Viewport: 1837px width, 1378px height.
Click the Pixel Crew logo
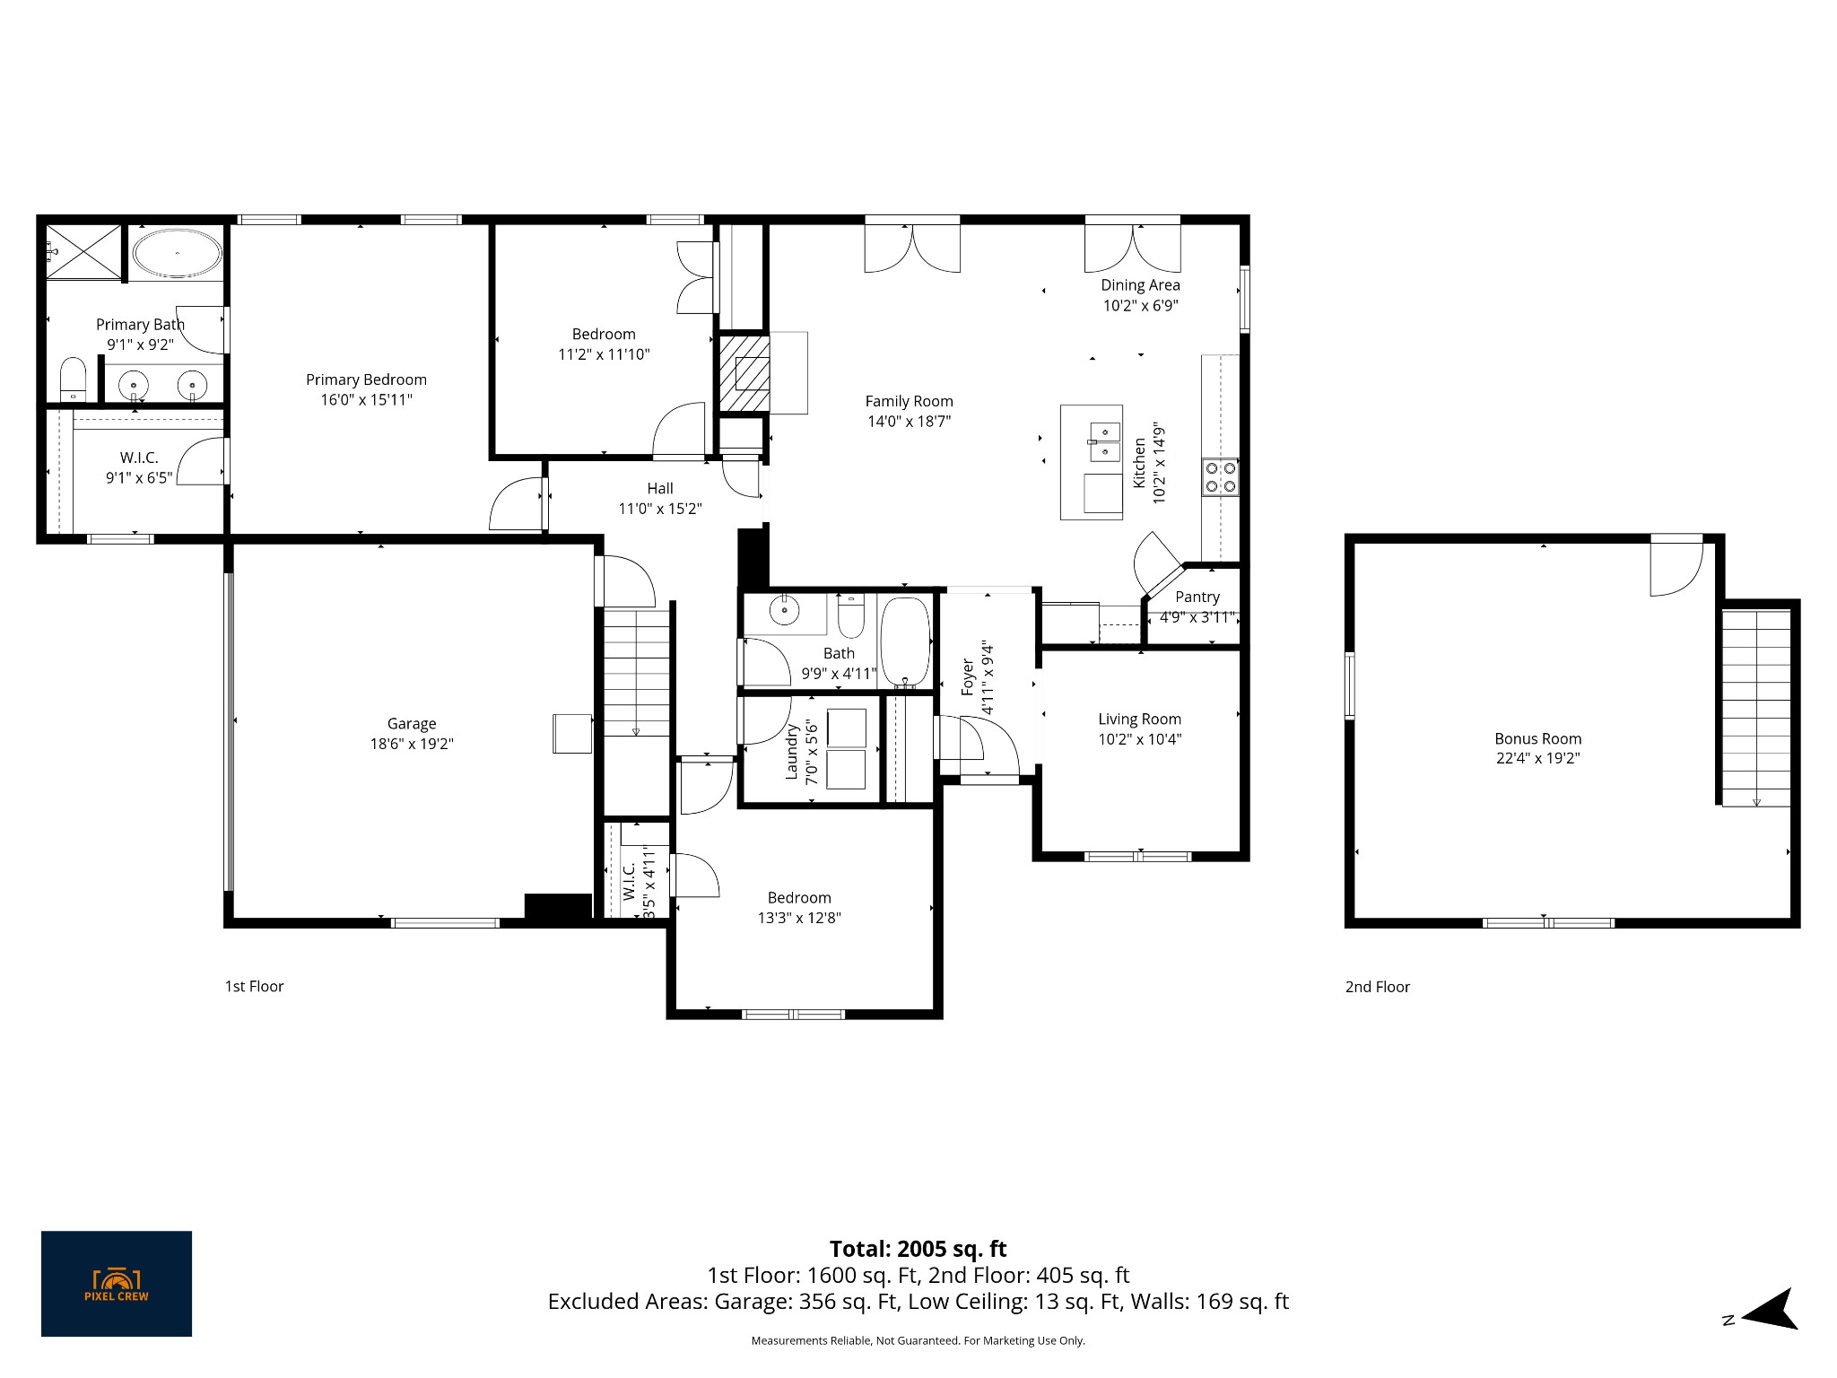click(117, 1284)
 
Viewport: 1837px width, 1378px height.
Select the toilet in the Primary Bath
click(73, 379)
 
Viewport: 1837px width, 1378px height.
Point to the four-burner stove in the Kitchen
click(1220, 477)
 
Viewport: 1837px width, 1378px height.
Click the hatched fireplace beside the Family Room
click(744, 373)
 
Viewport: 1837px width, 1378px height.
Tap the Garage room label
click(412, 723)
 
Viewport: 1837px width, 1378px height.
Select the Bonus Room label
click(1537, 738)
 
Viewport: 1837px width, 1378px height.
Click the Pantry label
click(1197, 597)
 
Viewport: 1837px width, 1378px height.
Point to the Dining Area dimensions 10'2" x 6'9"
click(1140, 305)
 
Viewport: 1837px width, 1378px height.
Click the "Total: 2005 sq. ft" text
click(918, 1249)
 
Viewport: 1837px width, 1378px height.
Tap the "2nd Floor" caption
click(1377, 987)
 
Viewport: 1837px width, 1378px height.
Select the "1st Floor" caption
click(254, 986)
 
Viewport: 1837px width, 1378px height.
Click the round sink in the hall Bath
click(785, 609)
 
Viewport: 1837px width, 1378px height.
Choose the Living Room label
click(1139, 719)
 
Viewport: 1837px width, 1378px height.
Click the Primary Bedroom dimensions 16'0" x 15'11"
click(366, 399)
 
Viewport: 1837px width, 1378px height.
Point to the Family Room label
click(909, 401)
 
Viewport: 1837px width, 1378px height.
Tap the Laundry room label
click(792, 752)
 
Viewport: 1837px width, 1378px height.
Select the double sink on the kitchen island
click(1104, 441)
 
